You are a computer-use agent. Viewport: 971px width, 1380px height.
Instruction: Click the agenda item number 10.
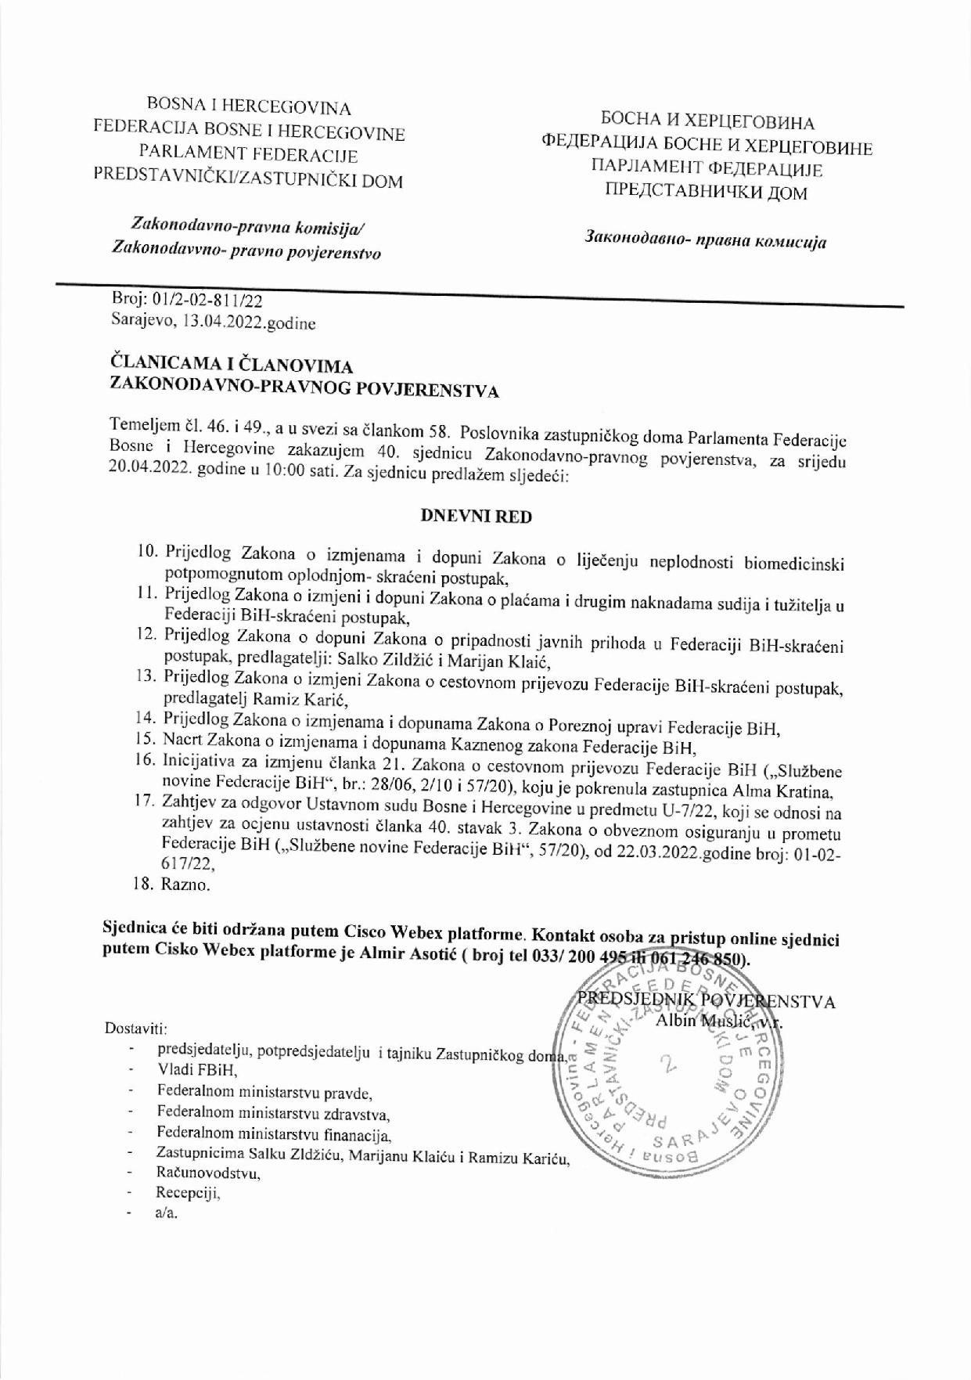(147, 552)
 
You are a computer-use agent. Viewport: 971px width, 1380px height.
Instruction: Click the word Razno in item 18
(185, 885)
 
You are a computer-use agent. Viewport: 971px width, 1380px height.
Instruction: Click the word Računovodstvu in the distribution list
(208, 1173)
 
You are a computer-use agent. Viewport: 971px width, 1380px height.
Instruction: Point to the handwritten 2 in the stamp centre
(667, 1064)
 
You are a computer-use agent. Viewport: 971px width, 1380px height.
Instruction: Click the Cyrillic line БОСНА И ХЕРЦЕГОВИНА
(707, 122)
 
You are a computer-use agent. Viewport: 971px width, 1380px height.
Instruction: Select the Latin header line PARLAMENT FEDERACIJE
(248, 155)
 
